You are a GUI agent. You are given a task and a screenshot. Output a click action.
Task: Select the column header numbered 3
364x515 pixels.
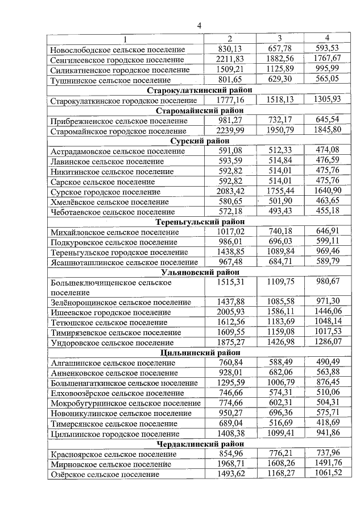(x=280, y=38)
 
